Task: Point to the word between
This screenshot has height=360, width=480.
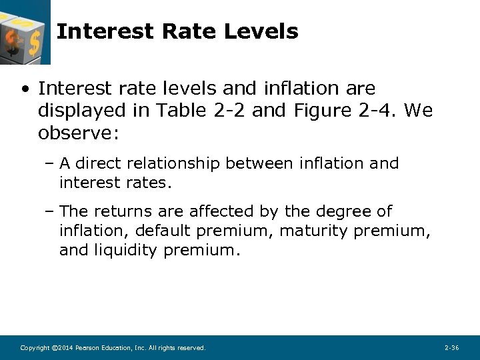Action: (259, 163)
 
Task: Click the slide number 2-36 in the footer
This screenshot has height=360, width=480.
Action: (451, 348)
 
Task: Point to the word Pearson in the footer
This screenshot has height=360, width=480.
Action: (87, 348)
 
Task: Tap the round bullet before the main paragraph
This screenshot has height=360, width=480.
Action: (25, 89)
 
